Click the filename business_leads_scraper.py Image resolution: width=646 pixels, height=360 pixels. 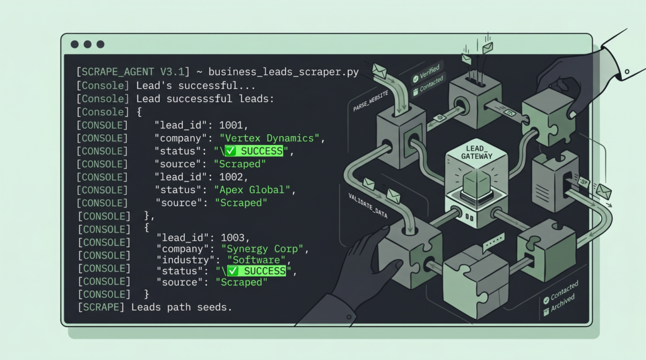click(283, 72)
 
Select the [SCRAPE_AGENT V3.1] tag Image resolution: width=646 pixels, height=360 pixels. click(133, 72)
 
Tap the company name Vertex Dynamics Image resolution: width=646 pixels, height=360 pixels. click(269, 138)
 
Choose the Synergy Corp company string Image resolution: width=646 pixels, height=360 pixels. click(262, 249)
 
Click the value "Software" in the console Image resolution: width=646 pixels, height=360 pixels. click(256, 260)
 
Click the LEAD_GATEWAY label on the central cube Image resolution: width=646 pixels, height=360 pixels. click(477, 153)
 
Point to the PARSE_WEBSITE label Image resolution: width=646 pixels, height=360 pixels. click(370, 102)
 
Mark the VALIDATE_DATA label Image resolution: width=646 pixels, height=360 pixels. click(368, 205)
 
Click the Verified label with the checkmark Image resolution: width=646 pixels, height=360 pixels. click(426, 73)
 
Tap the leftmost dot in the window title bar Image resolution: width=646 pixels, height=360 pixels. click(74, 45)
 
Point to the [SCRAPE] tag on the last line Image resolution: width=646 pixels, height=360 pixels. click(101, 307)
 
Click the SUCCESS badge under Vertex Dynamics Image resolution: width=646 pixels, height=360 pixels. click(254, 151)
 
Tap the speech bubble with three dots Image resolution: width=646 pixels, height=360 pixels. click(493, 241)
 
